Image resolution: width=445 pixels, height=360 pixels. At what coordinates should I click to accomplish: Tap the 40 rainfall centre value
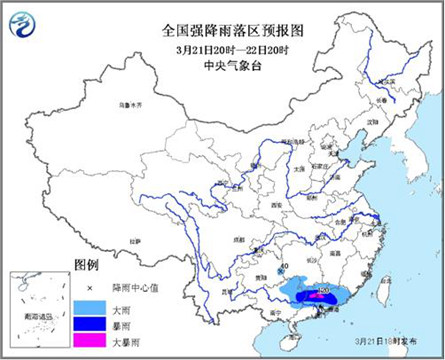tap(285, 267)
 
